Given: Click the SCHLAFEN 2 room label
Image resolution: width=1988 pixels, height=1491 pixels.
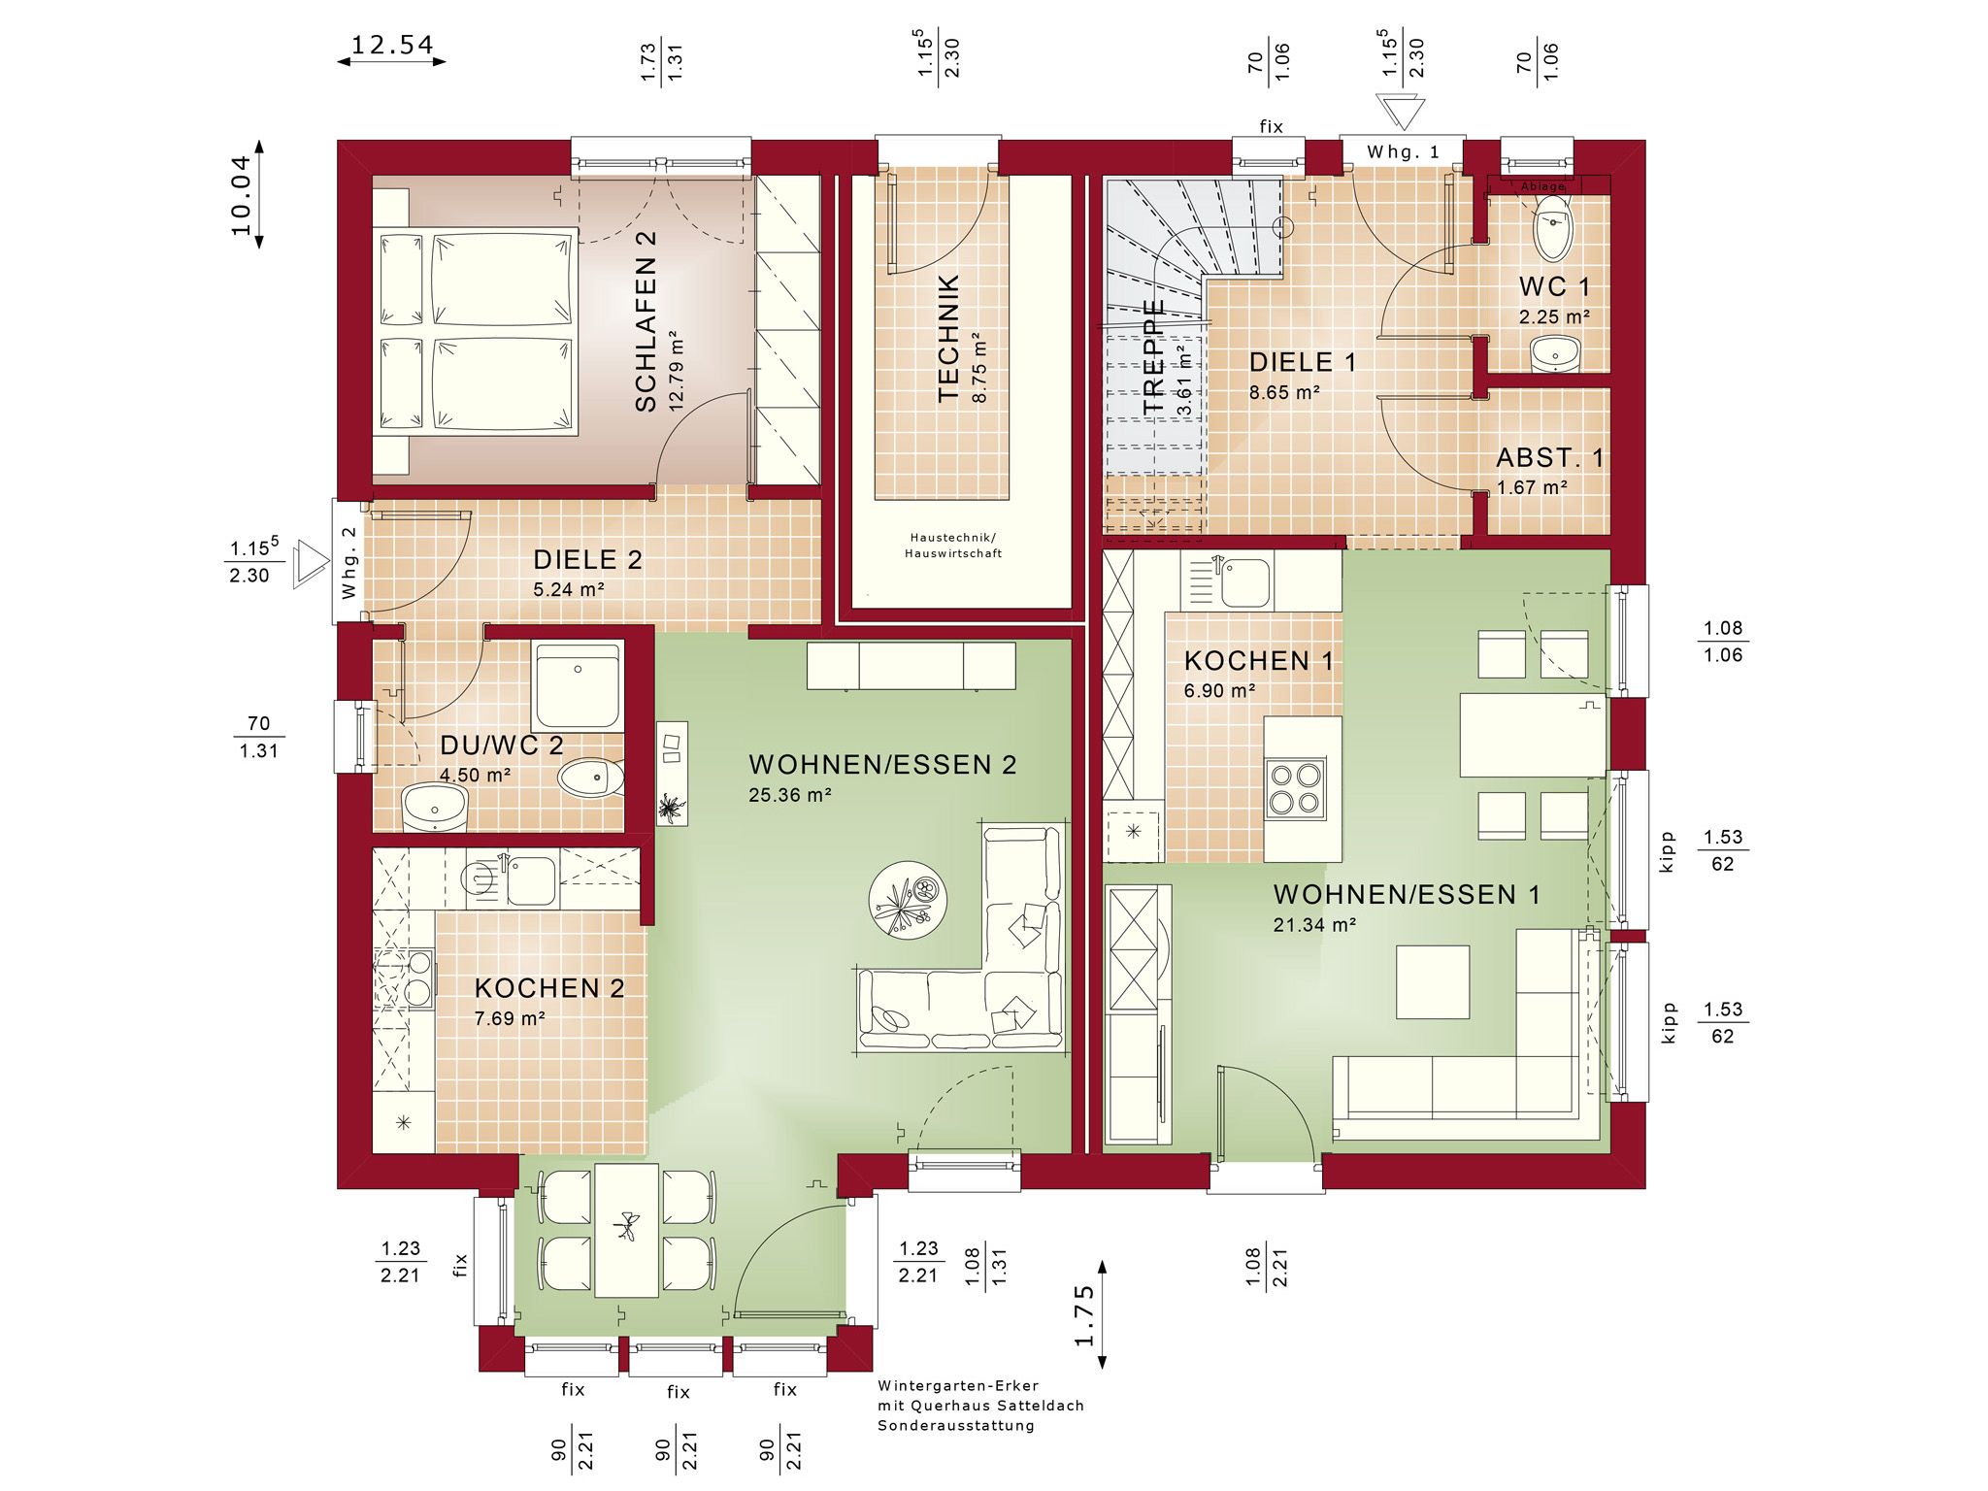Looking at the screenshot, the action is [646, 321].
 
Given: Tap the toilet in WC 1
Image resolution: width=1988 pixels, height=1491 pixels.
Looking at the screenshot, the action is [1553, 227].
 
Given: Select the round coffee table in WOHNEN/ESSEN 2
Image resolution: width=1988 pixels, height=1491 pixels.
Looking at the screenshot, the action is [908, 900].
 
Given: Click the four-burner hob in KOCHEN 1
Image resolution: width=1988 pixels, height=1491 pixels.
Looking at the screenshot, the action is [1295, 788].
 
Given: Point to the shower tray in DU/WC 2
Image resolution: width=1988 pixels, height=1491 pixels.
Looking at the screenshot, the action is [578, 686].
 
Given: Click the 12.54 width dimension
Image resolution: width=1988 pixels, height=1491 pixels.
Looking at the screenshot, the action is [392, 46].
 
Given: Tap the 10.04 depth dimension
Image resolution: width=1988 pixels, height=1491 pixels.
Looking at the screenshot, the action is [241, 195].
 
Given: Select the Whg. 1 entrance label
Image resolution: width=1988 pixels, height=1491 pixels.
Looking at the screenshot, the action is [1403, 152].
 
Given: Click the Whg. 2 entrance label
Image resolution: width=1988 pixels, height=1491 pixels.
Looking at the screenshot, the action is [348, 563].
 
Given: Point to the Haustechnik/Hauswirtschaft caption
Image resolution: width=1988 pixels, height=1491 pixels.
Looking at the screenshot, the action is [953, 546].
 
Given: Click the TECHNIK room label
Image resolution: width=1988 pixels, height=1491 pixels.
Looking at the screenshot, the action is [948, 338].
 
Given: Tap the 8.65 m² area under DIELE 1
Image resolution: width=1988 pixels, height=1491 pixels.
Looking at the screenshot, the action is [1284, 393].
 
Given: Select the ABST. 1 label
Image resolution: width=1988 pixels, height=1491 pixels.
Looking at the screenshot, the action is [1550, 457].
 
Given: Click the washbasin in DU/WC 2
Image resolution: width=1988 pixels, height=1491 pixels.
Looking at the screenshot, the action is [435, 808].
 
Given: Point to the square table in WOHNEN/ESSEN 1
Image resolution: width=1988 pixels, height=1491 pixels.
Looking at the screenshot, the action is [1433, 981].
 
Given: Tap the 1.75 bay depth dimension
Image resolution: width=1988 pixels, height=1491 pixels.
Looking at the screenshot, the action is [1084, 1316].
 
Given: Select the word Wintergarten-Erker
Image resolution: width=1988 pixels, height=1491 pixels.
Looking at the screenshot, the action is [958, 1386].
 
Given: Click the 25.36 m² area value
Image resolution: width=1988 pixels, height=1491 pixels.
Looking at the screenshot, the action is [789, 795].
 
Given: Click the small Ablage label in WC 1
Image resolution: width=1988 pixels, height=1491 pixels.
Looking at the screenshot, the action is [1542, 186].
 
